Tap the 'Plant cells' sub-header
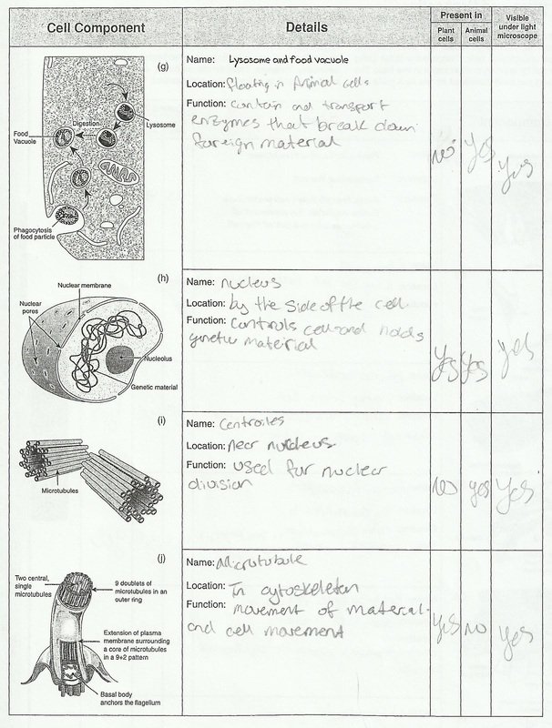coord(445,35)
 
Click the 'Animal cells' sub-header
coord(475,35)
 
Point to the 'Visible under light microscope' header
coord(521,28)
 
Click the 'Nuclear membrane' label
coord(83,286)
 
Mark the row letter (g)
coord(162,66)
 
